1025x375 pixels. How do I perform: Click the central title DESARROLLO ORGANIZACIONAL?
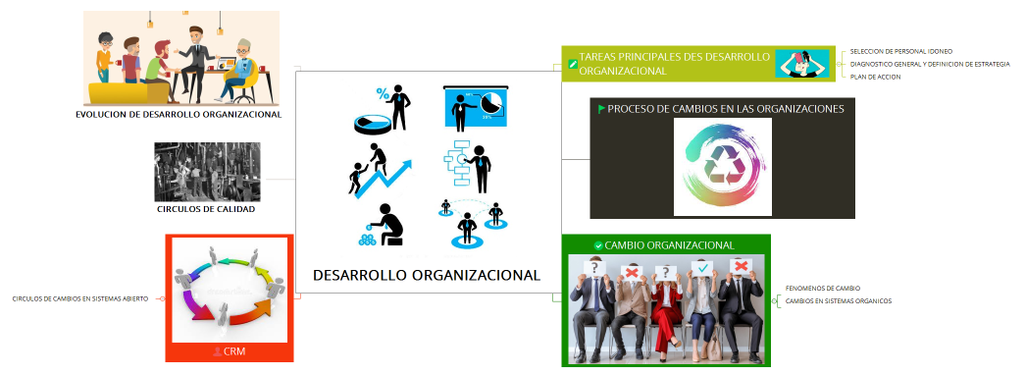[x=427, y=276]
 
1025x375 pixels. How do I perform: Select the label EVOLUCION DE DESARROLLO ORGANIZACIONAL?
[x=179, y=114]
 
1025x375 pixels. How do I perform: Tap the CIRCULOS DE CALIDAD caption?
[x=206, y=209]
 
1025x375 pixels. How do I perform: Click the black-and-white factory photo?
[x=207, y=172]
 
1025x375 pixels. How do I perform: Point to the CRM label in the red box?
[x=233, y=350]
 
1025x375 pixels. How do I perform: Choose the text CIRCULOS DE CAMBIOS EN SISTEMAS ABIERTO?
[x=79, y=298]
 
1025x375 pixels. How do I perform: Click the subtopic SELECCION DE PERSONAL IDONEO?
[x=900, y=51]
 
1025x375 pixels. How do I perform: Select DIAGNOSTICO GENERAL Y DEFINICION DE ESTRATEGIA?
[x=930, y=64]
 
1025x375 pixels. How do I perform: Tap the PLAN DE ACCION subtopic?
[x=877, y=77]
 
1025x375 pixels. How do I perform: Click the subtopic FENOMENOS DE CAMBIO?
[x=823, y=288]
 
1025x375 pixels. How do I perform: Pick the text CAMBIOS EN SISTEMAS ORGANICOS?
[x=839, y=300]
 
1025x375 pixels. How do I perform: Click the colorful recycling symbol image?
[x=722, y=167]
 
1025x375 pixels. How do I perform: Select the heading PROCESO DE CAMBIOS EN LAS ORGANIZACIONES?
[x=726, y=109]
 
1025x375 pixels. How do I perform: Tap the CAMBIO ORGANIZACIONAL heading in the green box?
[x=670, y=244]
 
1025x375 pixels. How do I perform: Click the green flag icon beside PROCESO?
[x=601, y=108]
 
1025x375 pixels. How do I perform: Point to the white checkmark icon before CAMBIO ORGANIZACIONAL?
[x=598, y=244]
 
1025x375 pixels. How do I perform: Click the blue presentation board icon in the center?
[x=475, y=108]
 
